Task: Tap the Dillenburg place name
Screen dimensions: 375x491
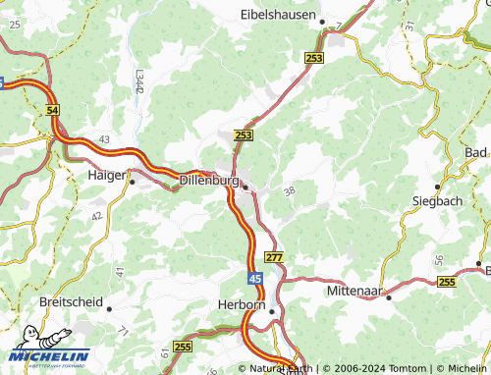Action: click(210, 181)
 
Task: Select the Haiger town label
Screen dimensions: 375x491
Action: click(106, 175)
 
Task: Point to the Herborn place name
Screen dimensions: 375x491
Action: click(241, 305)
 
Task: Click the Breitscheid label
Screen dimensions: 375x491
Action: click(71, 302)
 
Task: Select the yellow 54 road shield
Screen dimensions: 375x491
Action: click(53, 113)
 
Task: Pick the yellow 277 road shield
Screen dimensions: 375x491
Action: click(275, 257)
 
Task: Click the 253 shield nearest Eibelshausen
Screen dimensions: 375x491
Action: click(314, 59)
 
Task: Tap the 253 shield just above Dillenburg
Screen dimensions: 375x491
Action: click(244, 134)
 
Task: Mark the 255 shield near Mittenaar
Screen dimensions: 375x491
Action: click(447, 282)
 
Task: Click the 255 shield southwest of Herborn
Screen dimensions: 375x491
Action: click(182, 347)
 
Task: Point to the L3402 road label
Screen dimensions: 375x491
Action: click(139, 80)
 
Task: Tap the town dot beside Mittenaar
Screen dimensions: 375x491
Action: click(389, 296)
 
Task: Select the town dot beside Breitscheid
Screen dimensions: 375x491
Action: click(109, 308)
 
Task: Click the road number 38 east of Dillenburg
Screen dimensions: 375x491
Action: click(289, 191)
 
